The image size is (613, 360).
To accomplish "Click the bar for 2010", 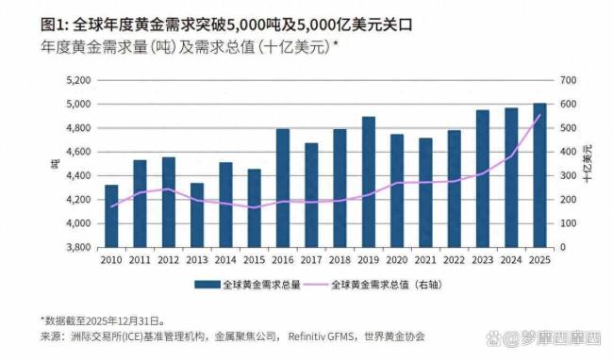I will coord(111,216).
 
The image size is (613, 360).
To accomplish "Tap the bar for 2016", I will coord(282,188).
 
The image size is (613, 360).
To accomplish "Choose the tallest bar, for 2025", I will coord(538,175).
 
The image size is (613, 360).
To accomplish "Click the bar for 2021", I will coord(425,192).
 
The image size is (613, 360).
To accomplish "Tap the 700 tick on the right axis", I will coord(567,80).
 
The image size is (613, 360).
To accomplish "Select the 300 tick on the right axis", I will coord(567,176).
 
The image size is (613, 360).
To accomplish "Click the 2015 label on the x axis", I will coord(254,260).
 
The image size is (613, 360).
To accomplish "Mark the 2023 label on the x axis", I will coord(482,260).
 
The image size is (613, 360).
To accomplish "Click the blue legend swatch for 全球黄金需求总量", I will coord(206,284).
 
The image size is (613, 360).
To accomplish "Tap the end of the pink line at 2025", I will coord(538,115).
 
